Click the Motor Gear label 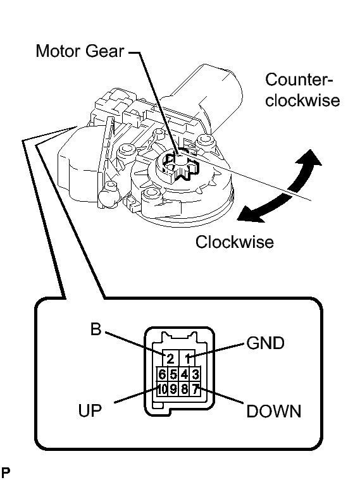80,51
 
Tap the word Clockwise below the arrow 234,242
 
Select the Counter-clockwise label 302,90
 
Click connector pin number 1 187,358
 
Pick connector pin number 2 170,358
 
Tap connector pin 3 196,374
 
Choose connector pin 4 185,374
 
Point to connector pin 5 173,374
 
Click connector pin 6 163,374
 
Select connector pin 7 196,389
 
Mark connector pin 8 185,389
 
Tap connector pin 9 173,389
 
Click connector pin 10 163,389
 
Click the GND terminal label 265,343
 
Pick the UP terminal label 89,410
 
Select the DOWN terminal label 274,411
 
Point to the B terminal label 96,329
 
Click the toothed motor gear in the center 182,167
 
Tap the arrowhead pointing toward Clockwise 250,214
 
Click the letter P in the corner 5,471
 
